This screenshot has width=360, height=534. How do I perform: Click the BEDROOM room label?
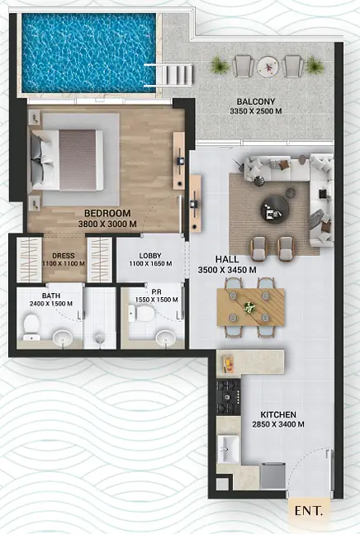[107, 213]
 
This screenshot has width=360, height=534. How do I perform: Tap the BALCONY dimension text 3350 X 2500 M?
[256, 111]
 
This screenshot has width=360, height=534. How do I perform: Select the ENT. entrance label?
[308, 511]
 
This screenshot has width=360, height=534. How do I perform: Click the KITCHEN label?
[278, 415]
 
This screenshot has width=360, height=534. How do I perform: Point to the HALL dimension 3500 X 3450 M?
[227, 270]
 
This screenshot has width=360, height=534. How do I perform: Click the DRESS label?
[64, 256]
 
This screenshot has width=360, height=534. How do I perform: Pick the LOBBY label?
[150, 256]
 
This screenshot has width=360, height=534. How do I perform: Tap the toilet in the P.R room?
[141, 314]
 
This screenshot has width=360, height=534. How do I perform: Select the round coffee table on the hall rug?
[275, 210]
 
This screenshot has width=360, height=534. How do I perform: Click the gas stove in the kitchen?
[229, 397]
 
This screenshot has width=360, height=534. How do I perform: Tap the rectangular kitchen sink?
[229, 449]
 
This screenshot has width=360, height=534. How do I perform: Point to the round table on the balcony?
[268, 67]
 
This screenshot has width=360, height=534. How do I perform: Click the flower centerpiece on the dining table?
[249, 307]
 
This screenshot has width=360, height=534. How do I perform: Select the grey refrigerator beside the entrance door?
[272, 475]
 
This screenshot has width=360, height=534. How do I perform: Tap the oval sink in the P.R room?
[166, 338]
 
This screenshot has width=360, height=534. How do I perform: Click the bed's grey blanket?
[78, 160]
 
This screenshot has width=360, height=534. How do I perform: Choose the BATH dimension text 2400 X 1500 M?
[51, 304]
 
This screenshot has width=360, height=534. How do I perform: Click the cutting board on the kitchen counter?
[227, 364]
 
